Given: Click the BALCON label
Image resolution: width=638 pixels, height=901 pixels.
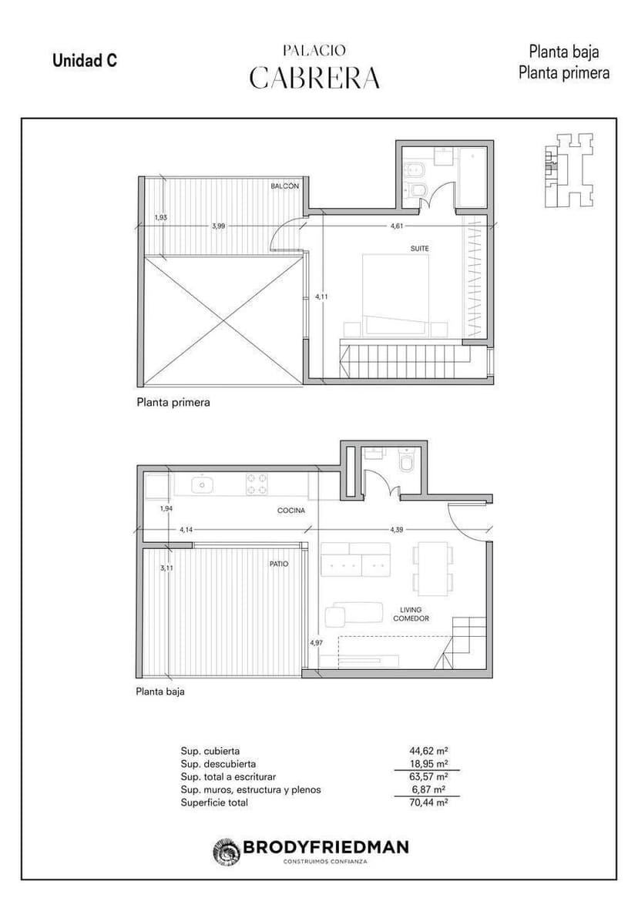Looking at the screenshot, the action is [285, 186].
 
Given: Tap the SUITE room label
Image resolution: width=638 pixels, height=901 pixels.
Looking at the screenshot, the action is [420, 249].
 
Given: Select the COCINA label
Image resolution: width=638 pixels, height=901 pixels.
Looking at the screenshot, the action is [291, 511].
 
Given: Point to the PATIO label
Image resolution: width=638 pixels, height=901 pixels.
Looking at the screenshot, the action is [279, 564].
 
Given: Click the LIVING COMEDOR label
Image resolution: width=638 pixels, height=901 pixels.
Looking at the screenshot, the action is [411, 615].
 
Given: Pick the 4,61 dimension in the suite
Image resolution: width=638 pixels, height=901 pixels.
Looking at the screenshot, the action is [397, 226].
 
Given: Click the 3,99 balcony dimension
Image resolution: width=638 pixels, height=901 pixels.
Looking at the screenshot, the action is [218, 226].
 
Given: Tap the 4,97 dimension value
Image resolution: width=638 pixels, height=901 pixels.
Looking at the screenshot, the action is [316, 643].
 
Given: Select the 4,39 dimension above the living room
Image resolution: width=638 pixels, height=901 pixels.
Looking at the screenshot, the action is [396, 529].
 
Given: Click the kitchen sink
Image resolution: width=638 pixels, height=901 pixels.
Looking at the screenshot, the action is [203, 484].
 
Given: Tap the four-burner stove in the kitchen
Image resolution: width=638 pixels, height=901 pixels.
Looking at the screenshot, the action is [257, 484].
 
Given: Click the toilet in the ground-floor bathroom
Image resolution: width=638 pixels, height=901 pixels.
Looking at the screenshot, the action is [407, 461].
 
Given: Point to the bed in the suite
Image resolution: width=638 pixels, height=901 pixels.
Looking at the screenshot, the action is [395, 294].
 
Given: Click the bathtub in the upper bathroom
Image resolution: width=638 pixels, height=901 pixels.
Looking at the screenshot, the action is [473, 177].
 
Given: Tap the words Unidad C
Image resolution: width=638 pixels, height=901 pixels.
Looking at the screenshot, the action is [85, 60].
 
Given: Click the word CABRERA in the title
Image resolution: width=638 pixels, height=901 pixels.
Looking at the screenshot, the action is [314, 78].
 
